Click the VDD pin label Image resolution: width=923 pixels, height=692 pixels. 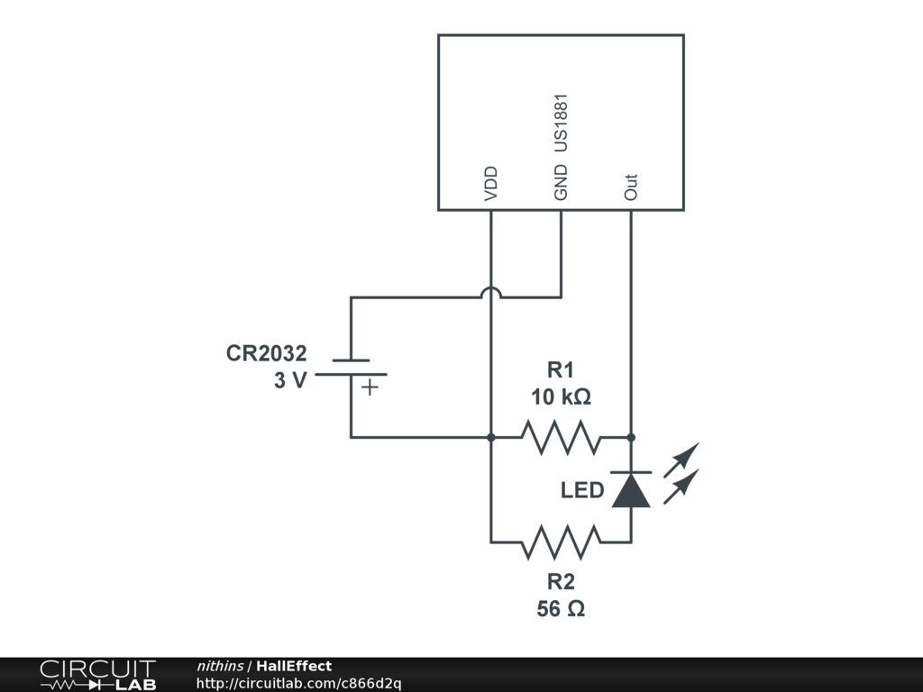point(491,183)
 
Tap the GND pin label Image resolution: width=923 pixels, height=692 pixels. point(561,182)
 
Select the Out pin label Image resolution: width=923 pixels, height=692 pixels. point(631,187)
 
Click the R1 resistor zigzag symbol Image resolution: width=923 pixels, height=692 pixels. point(561,437)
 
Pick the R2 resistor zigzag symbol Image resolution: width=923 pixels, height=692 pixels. point(561,542)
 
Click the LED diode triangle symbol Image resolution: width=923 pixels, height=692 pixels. point(631,489)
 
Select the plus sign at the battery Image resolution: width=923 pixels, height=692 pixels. point(370,388)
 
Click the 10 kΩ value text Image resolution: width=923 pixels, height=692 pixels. point(561,397)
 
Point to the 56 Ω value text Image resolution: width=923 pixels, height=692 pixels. point(561,609)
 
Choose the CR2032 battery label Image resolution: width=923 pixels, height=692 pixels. point(266,354)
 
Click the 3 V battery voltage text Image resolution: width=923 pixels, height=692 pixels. point(290,380)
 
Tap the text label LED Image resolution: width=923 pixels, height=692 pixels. point(582,491)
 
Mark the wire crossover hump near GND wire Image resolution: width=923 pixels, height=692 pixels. point(491,294)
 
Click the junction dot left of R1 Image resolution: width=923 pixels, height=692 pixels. point(491,437)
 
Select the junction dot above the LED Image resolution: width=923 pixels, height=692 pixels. point(631,437)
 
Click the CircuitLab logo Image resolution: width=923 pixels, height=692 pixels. point(97,675)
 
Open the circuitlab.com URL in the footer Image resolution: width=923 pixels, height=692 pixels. point(298,683)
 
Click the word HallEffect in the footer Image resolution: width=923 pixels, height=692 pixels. point(294,667)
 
